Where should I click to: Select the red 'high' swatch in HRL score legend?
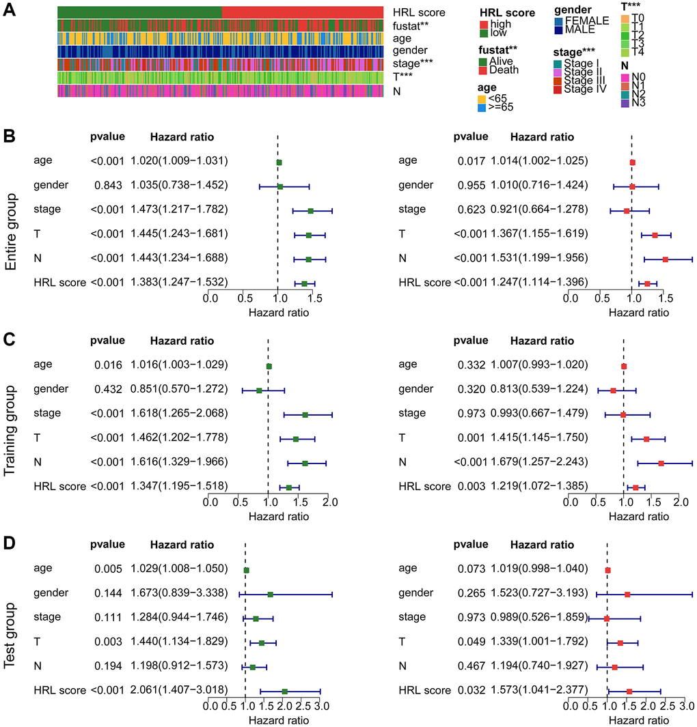(x=484, y=25)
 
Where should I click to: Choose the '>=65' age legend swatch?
(x=484, y=107)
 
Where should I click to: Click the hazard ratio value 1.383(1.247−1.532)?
(x=179, y=282)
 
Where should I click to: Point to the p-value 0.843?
(x=108, y=185)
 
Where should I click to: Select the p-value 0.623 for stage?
(x=470, y=210)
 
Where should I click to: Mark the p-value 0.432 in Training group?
(x=108, y=389)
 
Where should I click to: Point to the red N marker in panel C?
(x=661, y=464)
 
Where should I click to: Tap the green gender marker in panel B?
(x=280, y=186)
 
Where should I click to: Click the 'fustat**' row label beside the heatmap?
(x=413, y=25)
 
